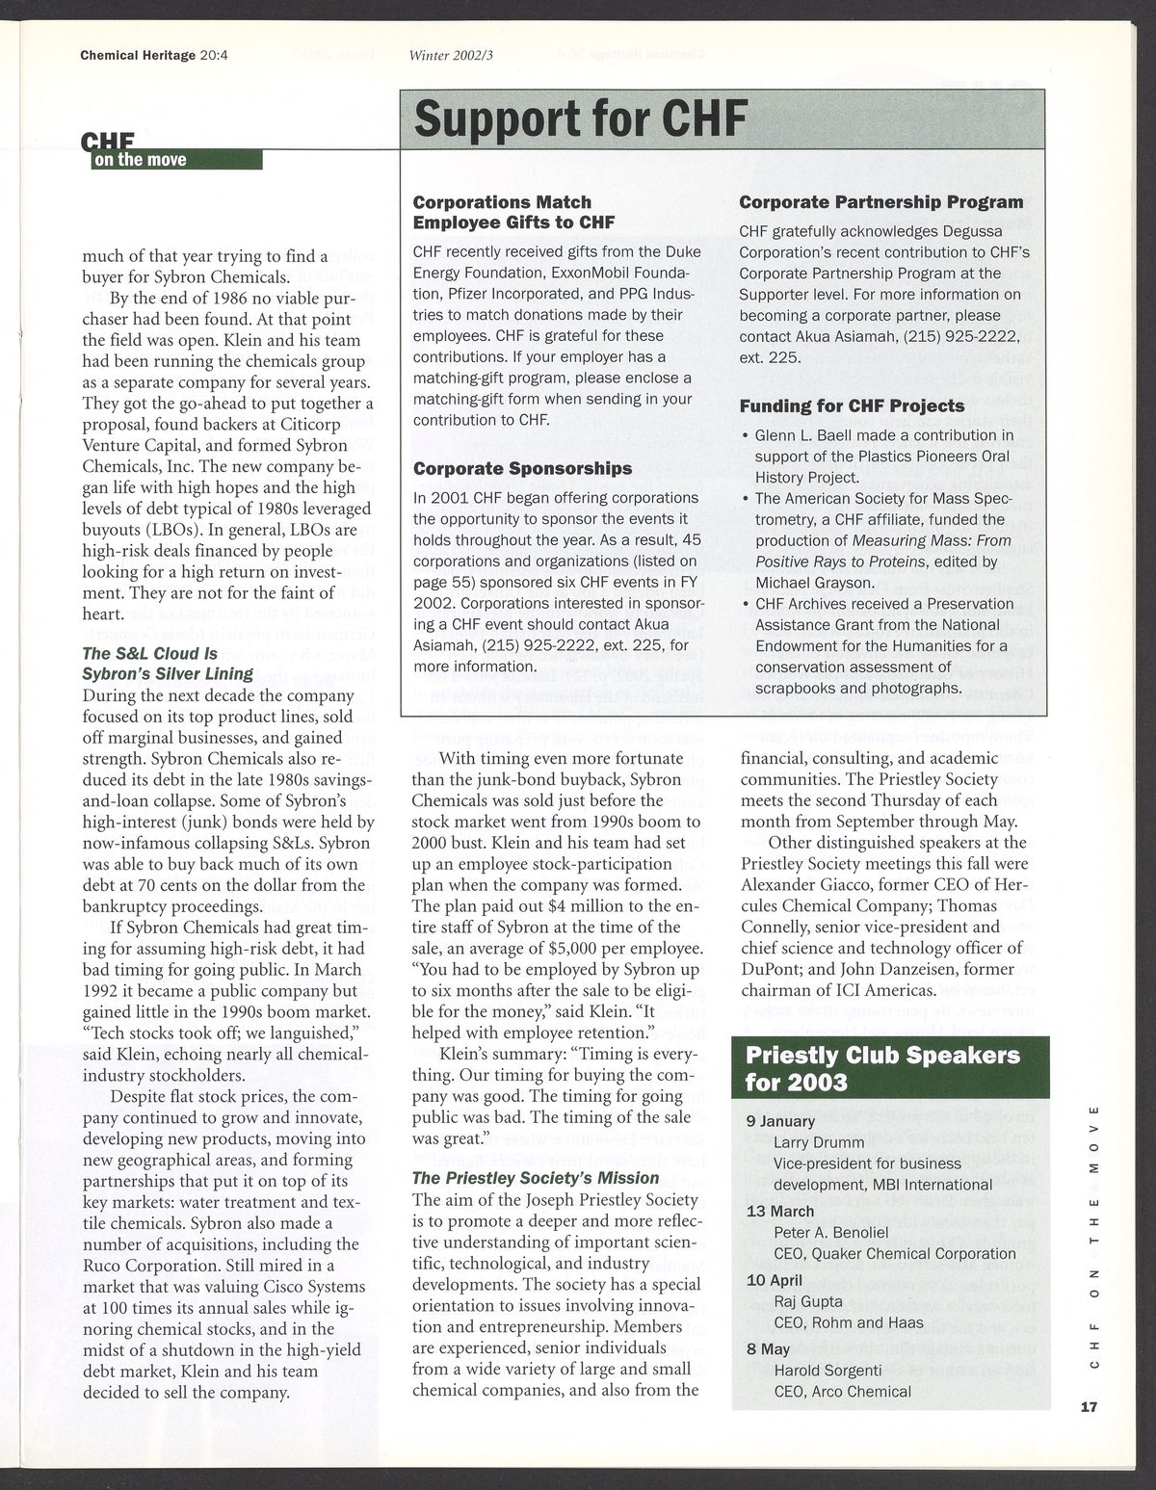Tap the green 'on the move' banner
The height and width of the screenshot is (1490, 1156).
(176, 159)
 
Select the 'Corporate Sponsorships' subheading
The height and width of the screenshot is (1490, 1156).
(522, 468)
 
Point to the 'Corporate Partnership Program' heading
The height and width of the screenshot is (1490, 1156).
(880, 202)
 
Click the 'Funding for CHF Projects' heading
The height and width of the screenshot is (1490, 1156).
(852, 405)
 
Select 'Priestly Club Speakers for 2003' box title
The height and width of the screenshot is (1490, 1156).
(882, 1068)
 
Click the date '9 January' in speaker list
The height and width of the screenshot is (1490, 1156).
(781, 1121)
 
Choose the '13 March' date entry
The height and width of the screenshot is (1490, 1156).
(780, 1211)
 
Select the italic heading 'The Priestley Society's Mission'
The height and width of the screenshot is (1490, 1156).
(536, 1177)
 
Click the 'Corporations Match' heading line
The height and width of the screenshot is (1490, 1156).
(502, 202)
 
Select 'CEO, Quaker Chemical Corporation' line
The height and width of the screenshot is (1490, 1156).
(895, 1253)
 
